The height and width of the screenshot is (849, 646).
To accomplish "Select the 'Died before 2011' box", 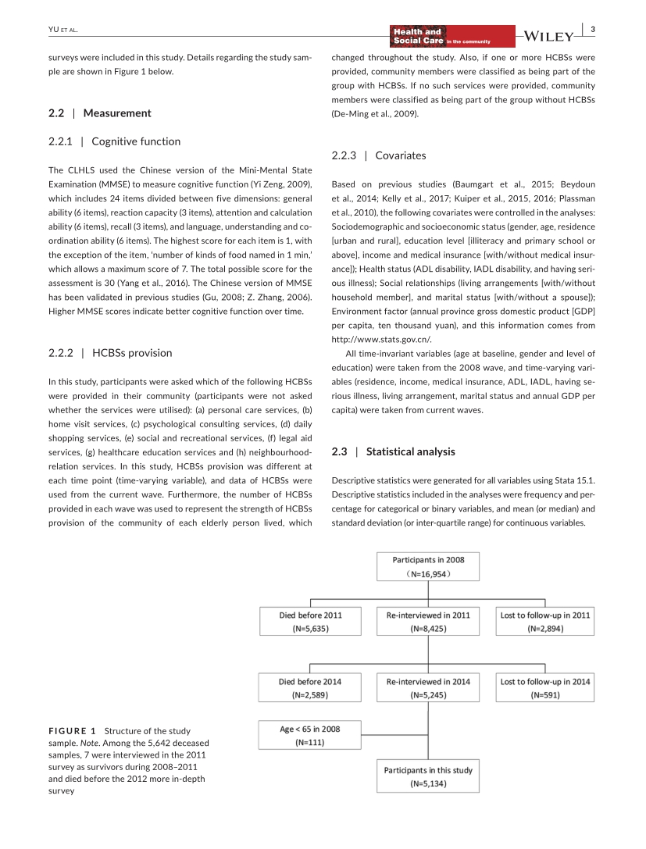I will click(x=310, y=621).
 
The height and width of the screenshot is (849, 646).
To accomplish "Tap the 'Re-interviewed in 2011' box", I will click(x=428, y=621).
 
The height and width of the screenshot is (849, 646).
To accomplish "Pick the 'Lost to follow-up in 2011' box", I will click(x=545, y=621).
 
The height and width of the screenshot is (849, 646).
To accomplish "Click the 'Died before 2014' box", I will click(x=310, y=687).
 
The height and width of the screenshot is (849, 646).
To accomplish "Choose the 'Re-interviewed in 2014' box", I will click(x=428, y=687).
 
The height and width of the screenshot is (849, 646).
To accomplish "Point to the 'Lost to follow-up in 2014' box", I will click(x=545, y=687).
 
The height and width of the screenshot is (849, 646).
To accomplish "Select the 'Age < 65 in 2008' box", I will click(x=310, y=736).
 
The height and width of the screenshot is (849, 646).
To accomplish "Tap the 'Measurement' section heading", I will click(x=117, y=112).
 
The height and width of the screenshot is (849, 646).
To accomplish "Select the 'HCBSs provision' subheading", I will click(x=132, y=352).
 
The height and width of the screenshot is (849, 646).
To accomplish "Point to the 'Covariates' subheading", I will click(x=400, y=155).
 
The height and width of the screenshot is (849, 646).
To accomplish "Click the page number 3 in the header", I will click(x=593, y=30).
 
